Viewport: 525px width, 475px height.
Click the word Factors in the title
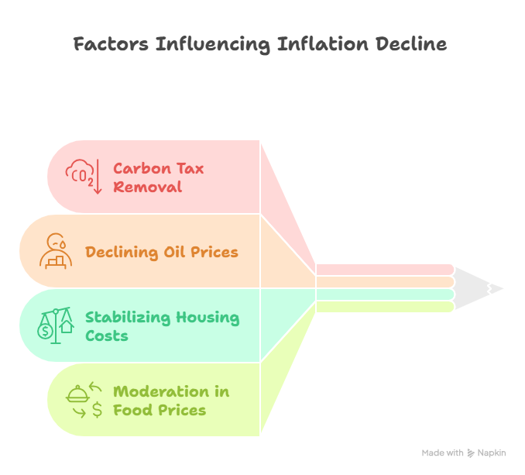pos(111,44)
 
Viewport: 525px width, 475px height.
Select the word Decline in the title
pos(411,44)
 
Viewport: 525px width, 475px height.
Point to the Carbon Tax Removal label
pos(158,177)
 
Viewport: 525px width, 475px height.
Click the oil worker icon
pos(56,250)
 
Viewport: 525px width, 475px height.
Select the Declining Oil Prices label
pos(162,252)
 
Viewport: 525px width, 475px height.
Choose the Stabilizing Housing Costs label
pos(162,326)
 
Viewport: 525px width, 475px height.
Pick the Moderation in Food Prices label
pos(171,401)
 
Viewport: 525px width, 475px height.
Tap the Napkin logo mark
pos(471,453)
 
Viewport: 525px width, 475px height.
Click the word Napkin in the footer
pos(492,453)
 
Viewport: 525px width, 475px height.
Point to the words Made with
pos(443,453)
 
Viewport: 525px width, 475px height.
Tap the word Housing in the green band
pos(208,317)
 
